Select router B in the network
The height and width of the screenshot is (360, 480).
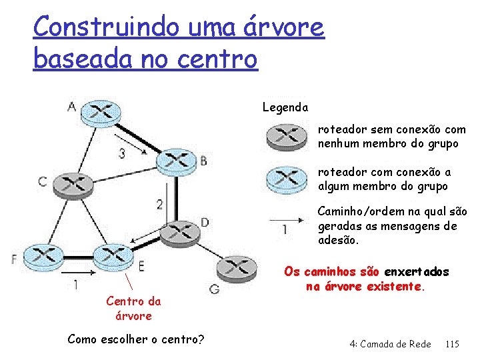(x=175, y=159)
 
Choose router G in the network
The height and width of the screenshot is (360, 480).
(x=236, y=270)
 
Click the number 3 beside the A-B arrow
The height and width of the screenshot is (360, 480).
(x=121, y=153)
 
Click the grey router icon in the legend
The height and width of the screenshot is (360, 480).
(x=285, y=136)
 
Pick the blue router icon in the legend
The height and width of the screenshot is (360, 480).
(x=285, y=178)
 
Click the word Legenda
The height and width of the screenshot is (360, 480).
(x=285, y=107)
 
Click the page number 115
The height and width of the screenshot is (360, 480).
(x=452, y=344)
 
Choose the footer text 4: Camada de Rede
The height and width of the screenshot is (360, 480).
(x=390, y=344)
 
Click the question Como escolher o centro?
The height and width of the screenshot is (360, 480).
(x=136, y=339)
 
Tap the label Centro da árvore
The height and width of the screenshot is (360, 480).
(x=133, y=308)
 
